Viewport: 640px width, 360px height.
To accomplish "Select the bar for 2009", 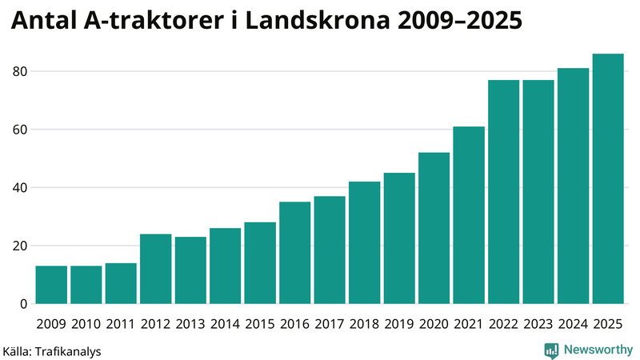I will pos(51,285).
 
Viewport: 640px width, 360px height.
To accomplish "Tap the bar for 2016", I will pos(295,253).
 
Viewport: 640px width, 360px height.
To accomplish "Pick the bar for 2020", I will pos(434,228).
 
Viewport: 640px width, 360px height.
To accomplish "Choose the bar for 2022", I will pos(503,192).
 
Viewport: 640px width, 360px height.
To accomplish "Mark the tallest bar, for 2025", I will pos(608,179).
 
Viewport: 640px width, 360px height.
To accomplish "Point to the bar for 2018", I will pos(364,242).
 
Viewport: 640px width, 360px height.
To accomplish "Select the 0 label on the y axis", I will pos(24,304).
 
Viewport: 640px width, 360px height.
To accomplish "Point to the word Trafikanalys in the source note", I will pos(68,350).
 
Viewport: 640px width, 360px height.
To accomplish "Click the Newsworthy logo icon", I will pos(551,350).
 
